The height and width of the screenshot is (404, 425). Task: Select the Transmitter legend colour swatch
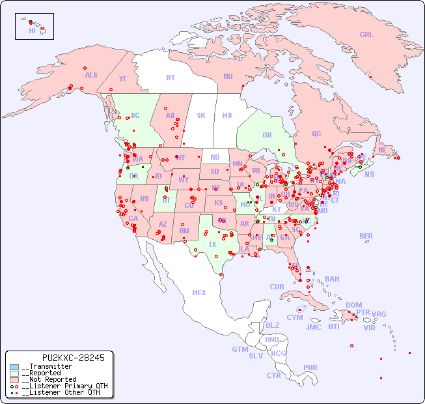tap(14, 367)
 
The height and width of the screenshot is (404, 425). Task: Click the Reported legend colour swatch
tap(14, 373)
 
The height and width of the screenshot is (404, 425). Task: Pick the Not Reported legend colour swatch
tap(14, 379)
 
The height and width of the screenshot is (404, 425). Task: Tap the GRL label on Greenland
tap(366, 35)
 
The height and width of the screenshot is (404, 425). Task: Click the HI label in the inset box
tap(32, 31)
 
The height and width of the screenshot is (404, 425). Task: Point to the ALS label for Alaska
tap(91, 75)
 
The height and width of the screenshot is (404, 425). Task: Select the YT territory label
tap(122, 79)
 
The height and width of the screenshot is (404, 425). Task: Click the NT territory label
tap(170, 78)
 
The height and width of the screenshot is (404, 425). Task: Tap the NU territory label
tap(228, 76)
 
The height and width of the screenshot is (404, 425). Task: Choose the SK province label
tap(201, 115)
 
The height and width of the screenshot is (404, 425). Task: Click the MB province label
tap(227, 115)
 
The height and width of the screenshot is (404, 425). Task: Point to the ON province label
tap(267, 135)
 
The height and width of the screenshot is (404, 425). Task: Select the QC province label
tap(316, 134)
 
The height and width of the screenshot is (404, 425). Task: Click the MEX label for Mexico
tap(199, 293)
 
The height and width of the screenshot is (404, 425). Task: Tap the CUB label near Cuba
tap(277, 287)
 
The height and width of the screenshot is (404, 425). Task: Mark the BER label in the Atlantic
tap(366, 236)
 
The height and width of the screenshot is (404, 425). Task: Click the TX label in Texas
tap(212, 244)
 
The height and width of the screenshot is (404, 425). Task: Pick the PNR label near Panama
tap(310, 368)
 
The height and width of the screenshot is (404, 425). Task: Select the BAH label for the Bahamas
tap(332, 279)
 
